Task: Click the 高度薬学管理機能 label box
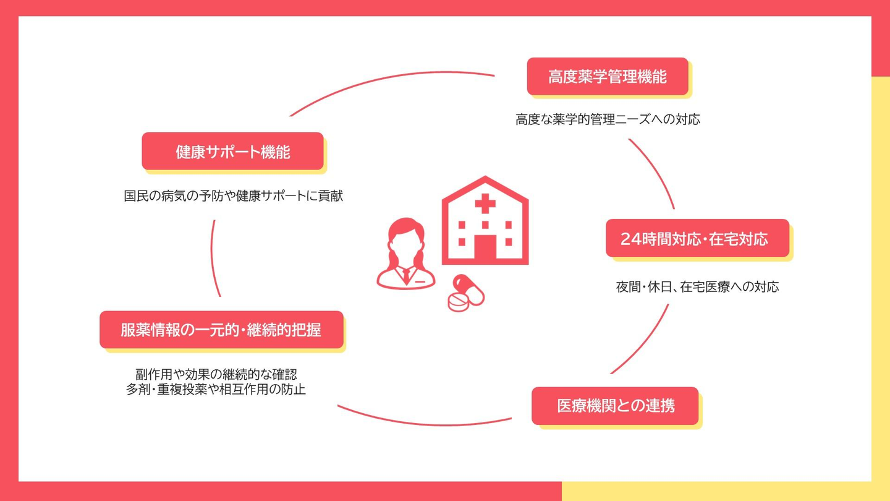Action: pos(608,76)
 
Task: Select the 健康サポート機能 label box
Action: pos(233,151)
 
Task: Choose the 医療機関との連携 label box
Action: pos(615,406)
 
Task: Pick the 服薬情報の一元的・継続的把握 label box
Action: pos(221,330)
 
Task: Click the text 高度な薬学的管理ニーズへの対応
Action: pos(608,119)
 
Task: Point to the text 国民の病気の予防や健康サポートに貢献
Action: pos(233,195)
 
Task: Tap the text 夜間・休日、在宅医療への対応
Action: pos(697,286)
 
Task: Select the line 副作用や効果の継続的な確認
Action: pos(216,374)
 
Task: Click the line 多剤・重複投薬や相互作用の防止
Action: pos(216,389)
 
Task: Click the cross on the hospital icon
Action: pos(485,203)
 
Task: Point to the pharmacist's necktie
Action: pos(406,275)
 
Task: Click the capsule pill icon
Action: pos(469,289)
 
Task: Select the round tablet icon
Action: pos(459,302)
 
